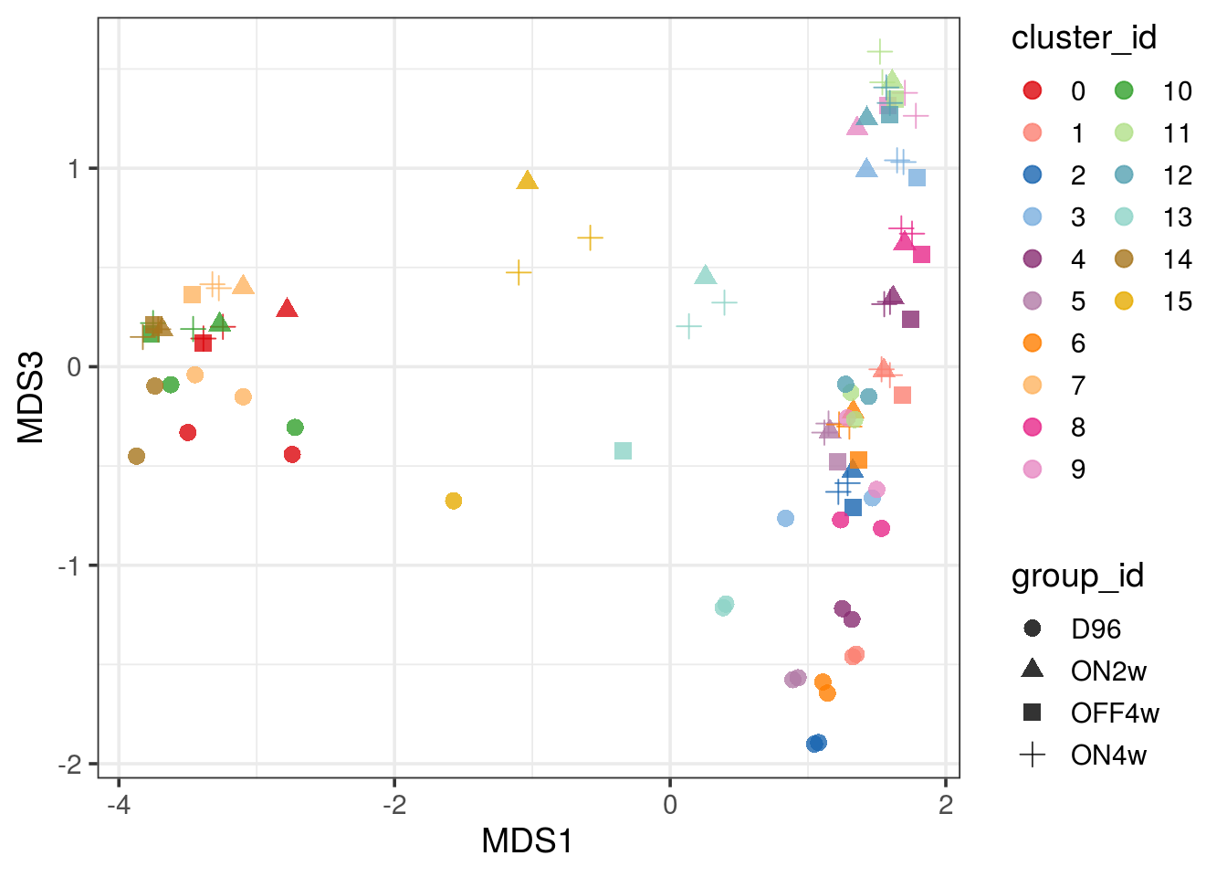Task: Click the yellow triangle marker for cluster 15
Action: (527, 181)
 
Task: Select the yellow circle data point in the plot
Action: (454, 501)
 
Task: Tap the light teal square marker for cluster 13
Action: (623, 450)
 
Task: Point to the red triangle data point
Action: (288, 309)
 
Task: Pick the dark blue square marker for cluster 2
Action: (853, 507)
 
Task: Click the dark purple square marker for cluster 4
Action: (910, 319)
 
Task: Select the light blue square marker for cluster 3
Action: (917, 177)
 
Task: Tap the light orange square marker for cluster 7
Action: (192, 294)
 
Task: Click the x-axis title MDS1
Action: (528, 841)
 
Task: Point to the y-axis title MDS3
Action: (32, 396)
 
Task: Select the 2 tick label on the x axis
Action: (946, 805)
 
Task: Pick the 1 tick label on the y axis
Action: (75, 169)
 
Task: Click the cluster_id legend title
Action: (1084, 37)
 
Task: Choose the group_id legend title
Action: (1077, 576)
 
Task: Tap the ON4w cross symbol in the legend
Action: (1033, 755)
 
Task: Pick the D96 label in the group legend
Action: (1096, 629)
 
